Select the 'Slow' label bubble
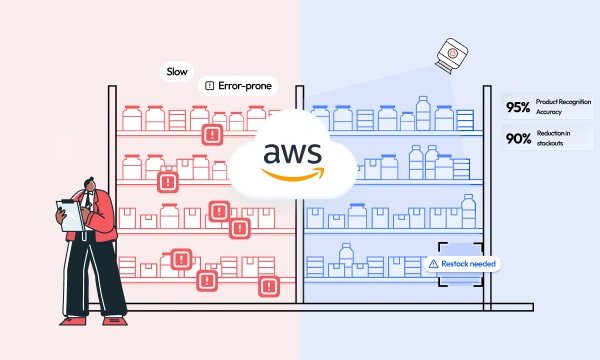point(176,73)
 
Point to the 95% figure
point(518,108)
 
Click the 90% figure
point(518,139)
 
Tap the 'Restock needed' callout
point(461,264)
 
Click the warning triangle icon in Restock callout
point(433,264)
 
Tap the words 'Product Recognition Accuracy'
point(561,108)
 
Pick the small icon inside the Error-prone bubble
point(209,86)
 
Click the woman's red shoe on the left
point(72,320)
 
